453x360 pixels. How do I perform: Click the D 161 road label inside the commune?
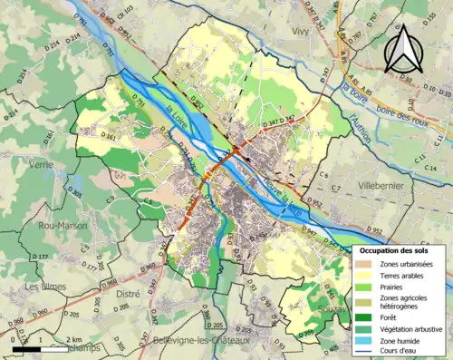[108, 137]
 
